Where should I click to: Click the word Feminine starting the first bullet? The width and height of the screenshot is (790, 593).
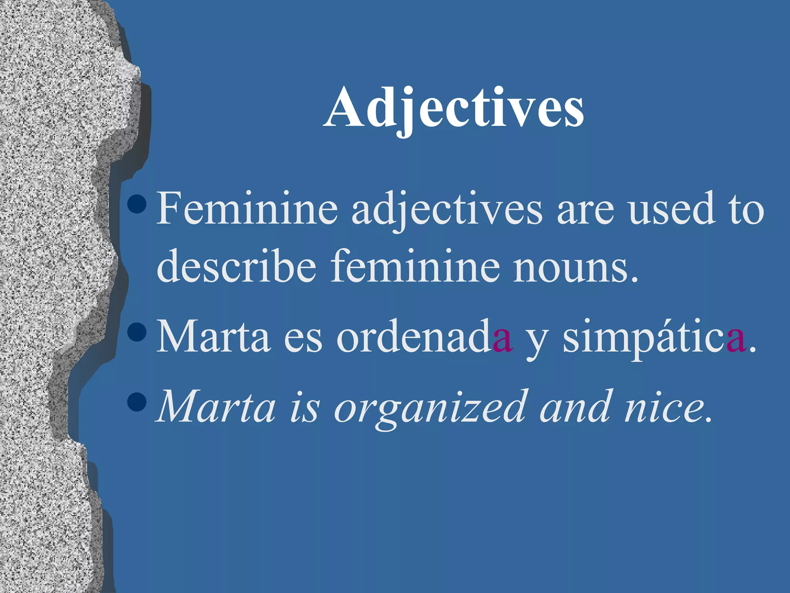tap(247, 209)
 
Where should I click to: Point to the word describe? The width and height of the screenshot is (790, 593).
tap(236, 266)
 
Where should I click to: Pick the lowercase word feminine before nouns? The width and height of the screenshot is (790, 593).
tap(415, 266)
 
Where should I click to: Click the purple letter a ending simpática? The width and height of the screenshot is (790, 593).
tap(736, 340)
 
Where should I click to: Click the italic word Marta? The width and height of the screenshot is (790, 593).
tap(216, 408)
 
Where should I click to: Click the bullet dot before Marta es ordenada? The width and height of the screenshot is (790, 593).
tap(137, 331)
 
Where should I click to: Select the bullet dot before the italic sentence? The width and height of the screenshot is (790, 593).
tap(137, 402)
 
